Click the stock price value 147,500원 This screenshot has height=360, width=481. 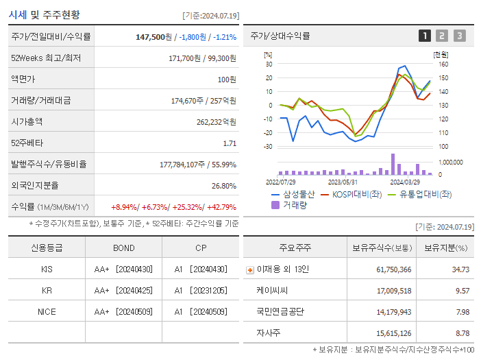click(154, 37)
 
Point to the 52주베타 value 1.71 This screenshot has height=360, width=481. click(230, 143)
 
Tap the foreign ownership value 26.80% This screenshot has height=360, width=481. click(224, 186)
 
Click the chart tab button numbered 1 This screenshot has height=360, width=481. click(425, 36)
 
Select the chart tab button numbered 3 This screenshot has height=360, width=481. click(459, 36)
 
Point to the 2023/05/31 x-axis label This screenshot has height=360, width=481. click(343, 182)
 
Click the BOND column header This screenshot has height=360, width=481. click(124, 248)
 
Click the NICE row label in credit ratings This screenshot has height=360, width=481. click(47, 311)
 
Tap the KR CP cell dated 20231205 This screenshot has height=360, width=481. click(200, 291)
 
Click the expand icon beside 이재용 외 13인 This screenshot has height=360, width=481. click(249, 270)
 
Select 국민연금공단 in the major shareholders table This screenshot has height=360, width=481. click(280, 311)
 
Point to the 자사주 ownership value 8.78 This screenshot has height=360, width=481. click(461, 333)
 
